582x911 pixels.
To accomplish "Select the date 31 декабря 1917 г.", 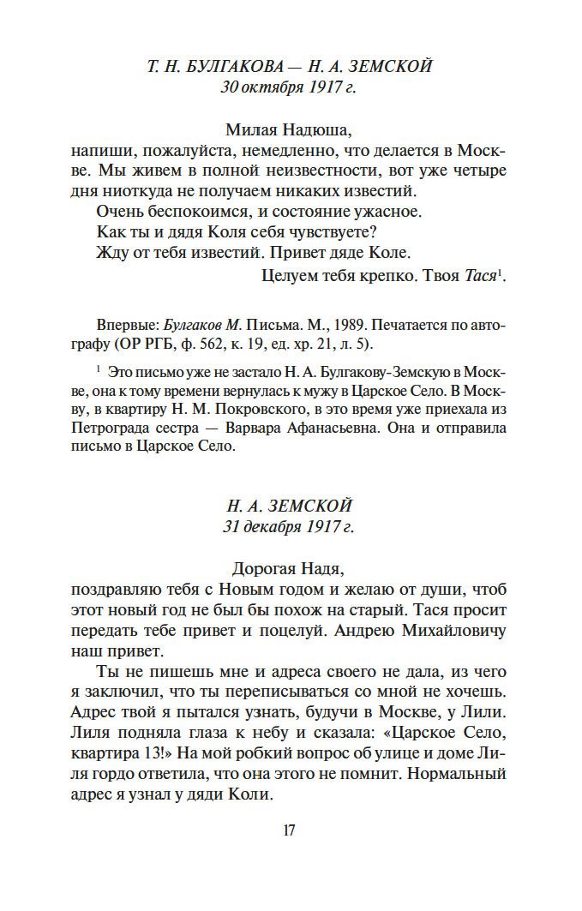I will pyautogui.click(x=289, y=526).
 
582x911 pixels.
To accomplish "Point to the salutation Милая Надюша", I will pyautogui.click(x=289, y=130).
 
